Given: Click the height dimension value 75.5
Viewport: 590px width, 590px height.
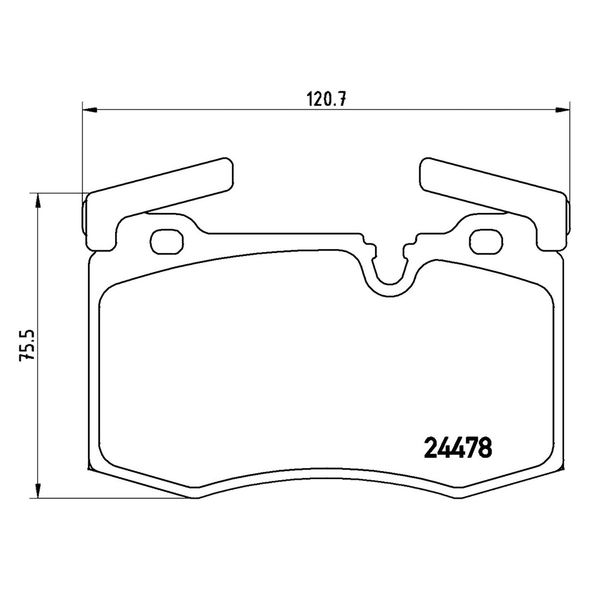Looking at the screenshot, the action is [27, 344].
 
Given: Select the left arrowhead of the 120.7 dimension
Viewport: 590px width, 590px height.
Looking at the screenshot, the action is [89, 109].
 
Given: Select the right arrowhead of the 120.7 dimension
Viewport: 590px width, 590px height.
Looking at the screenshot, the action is [562, 109].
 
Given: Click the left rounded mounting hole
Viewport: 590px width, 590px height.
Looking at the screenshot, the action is [167, 242].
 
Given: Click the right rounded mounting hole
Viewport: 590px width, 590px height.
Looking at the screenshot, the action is [486, 242].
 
